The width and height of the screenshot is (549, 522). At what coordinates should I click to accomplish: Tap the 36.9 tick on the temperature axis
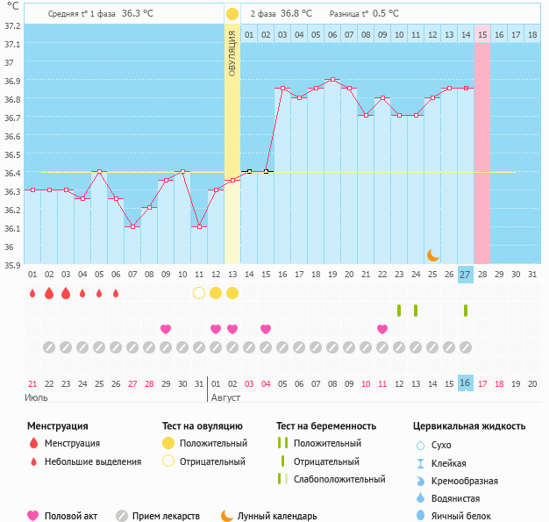pyautogui.click(x=11, y=81)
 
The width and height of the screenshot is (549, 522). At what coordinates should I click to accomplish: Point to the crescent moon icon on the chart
pyautogui.click(x=433, y=254)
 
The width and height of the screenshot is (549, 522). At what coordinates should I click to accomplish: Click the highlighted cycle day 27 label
pyautogui.click(x=466, y=275)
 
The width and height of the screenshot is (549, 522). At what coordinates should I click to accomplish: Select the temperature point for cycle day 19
pyautogui.click(x=332, y=80)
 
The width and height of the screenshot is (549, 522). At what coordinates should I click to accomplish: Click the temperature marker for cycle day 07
pyautogui.click(x=132, y=226)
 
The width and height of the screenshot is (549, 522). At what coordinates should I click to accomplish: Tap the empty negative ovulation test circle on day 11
pyautogui.click(x=199, y=293)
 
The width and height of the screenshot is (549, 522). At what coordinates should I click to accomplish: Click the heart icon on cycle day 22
pyautogui.click(x=382, y=329)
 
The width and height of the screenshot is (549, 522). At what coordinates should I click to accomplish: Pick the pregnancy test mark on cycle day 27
pyautogui.click(x=466, y=311)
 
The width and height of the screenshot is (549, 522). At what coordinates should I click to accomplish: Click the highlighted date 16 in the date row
pyautogui.click(x=466, y=383)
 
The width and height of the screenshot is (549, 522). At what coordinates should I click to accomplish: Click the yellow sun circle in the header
pyautogui.click(x=232, y=14)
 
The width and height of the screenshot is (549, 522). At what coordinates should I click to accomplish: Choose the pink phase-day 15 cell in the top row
pyautogui.click(x=482, y=34)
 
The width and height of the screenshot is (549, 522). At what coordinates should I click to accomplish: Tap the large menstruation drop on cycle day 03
pyautogui.click(x=66, y=293)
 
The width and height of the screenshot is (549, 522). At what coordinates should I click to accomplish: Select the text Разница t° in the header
pyautogui.click(x=348, y=14)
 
